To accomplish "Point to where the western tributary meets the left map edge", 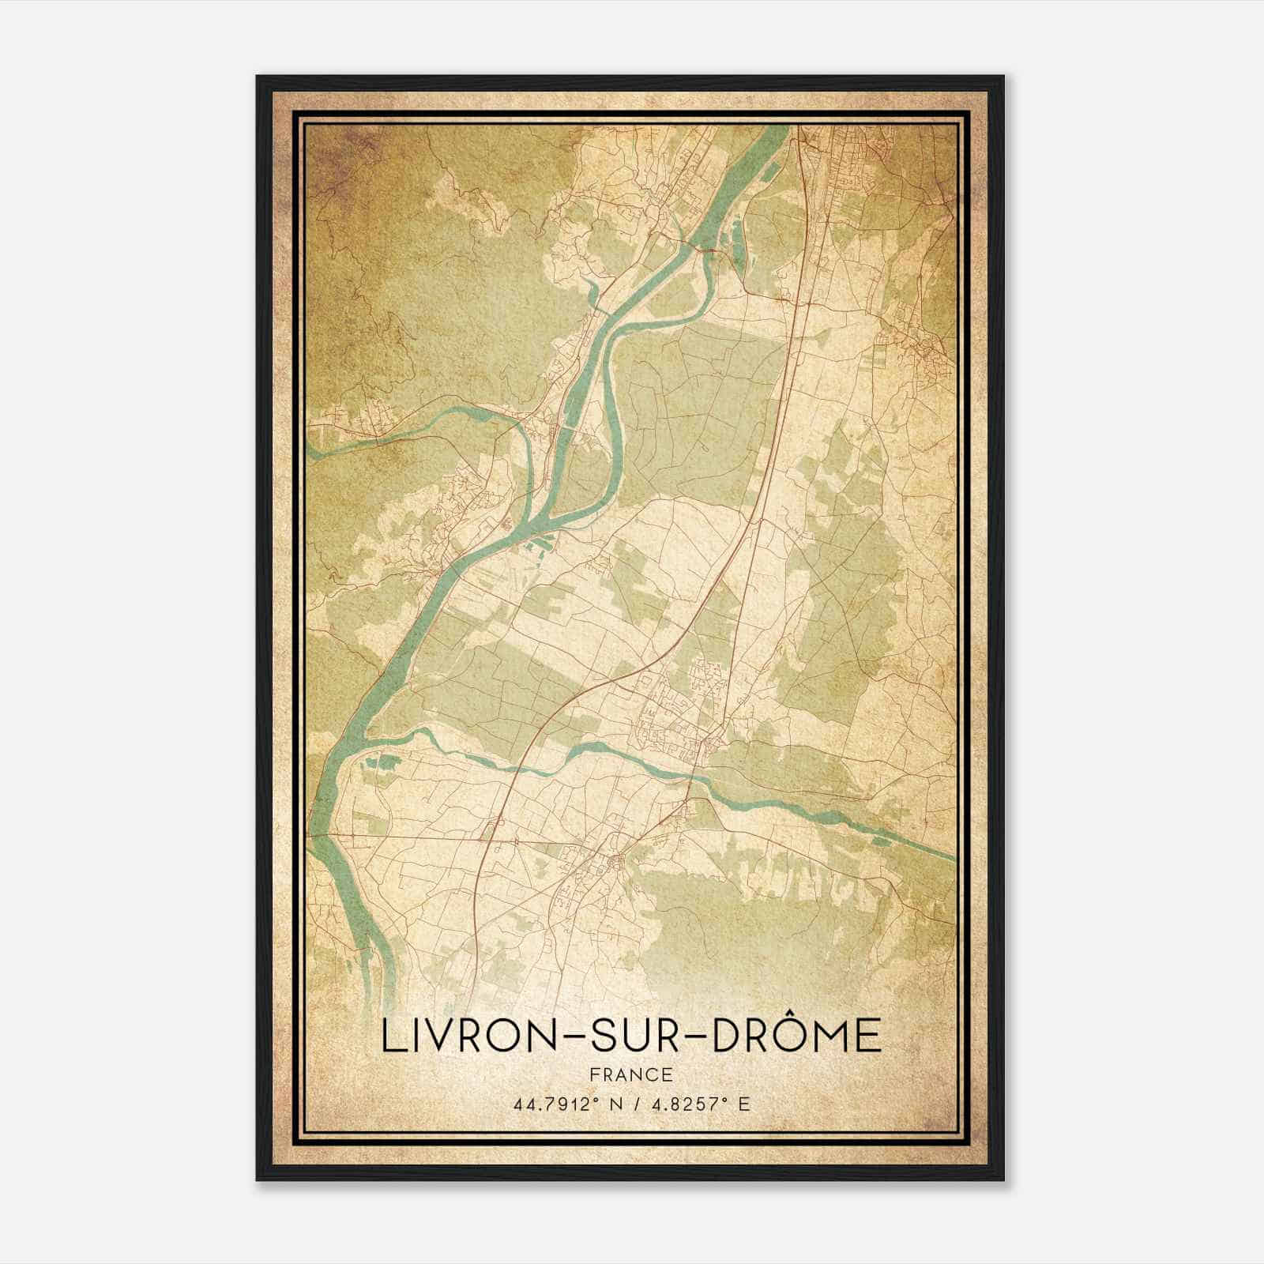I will [x=310, y=453].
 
